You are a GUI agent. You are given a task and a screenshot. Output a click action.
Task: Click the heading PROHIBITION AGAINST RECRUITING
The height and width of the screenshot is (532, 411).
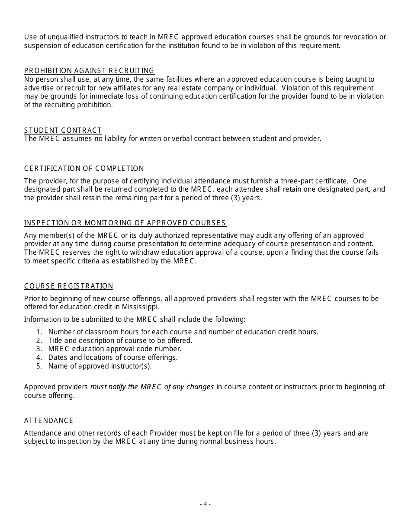pos(89,71)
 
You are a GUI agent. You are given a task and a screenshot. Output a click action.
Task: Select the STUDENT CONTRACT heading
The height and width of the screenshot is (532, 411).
pos(63,130)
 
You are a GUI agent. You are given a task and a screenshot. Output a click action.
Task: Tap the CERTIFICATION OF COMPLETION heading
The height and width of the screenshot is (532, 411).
pos(84,168)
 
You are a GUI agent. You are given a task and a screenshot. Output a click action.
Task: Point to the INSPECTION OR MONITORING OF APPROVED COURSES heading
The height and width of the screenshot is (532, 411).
pos(125,223)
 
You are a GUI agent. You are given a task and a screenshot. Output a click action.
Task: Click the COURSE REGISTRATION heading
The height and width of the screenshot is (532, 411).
pos(69,286)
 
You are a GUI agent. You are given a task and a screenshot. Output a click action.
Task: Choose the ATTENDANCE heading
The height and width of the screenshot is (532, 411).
pos(49,420)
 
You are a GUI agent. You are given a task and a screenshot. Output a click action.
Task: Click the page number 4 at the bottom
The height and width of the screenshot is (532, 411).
pos(205,504)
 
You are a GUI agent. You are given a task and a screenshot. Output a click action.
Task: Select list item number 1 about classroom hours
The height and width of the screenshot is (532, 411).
pos(183,332)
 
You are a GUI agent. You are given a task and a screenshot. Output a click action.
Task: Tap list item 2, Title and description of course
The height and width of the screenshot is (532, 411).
pos(120,340)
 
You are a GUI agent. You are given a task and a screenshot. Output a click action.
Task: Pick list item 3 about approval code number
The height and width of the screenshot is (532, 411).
pos(115,349)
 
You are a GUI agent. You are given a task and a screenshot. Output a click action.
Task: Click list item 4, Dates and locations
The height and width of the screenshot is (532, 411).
pos(113,357)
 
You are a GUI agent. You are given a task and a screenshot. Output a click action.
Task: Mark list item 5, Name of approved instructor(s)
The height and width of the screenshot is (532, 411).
pos(100,366)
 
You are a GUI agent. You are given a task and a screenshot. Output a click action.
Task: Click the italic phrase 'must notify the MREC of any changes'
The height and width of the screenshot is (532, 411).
pos(152,387)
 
